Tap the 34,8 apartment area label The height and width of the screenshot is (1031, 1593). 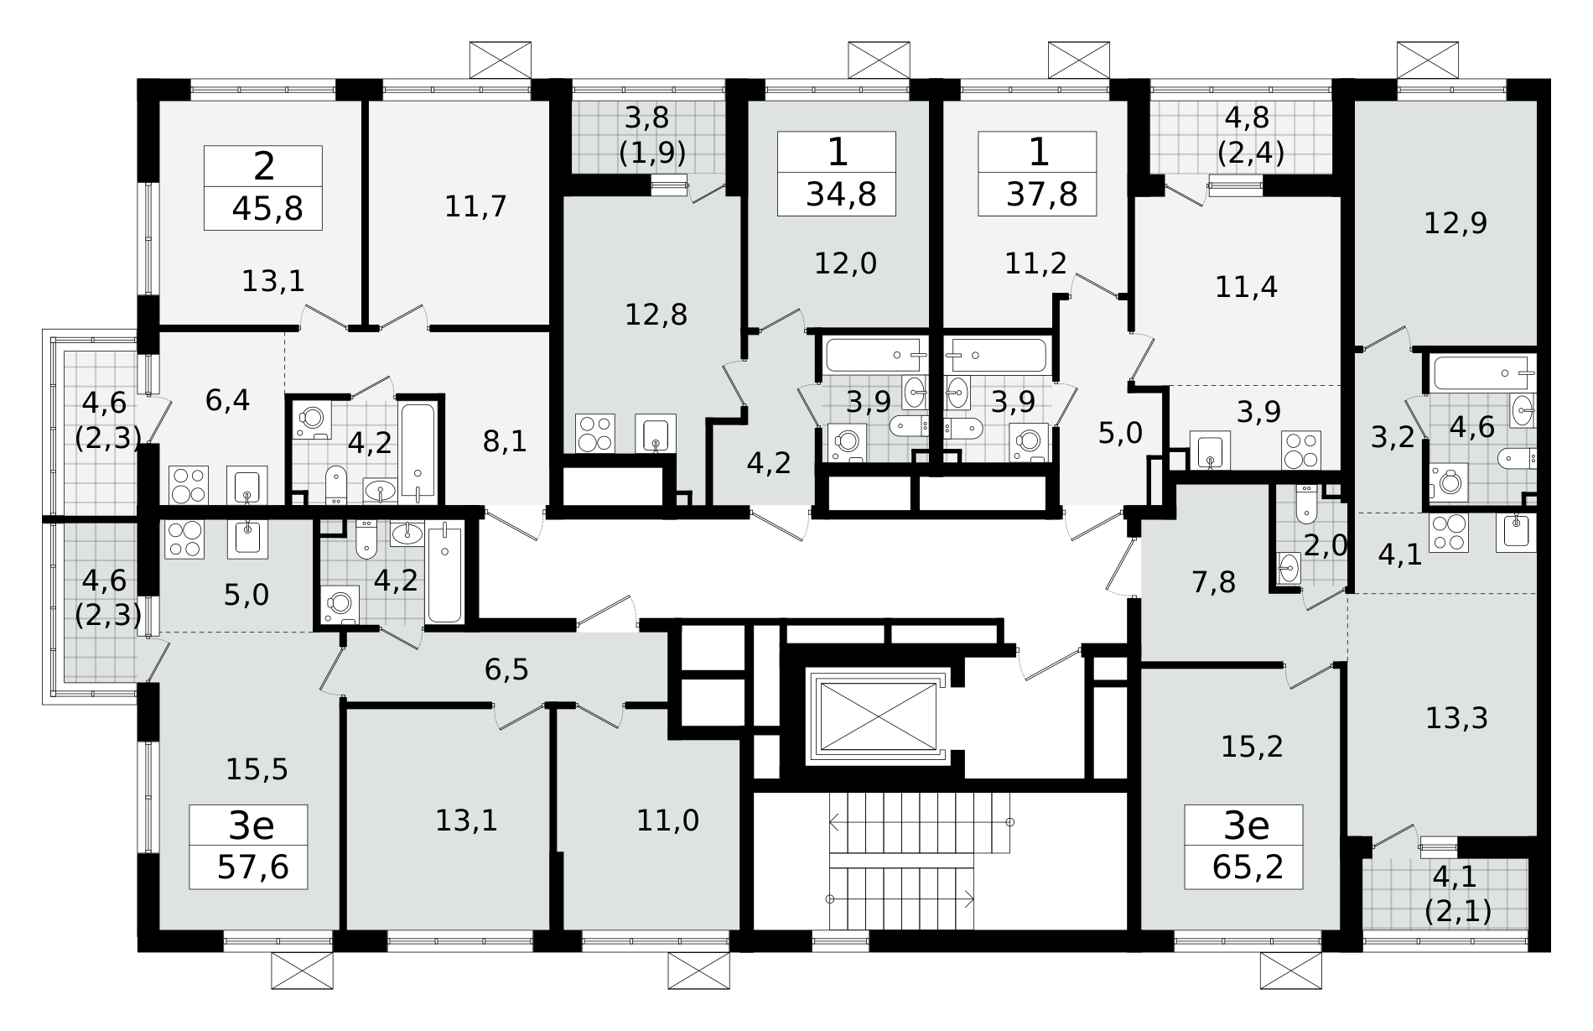point(841,195)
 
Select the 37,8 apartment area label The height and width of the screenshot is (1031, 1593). point(1042,195)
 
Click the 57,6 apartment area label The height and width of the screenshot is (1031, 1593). point(252,867)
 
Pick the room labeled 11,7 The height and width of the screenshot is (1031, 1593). point(475,206)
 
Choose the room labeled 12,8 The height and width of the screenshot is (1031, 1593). point(656,315)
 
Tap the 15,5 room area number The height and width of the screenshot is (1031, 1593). point(257,768)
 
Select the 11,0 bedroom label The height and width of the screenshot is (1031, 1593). point(667,820)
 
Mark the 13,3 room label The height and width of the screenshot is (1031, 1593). point(1456,718)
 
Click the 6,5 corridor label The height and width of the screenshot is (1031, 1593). point(506,670)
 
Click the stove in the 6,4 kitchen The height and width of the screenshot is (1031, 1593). point(189,486)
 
